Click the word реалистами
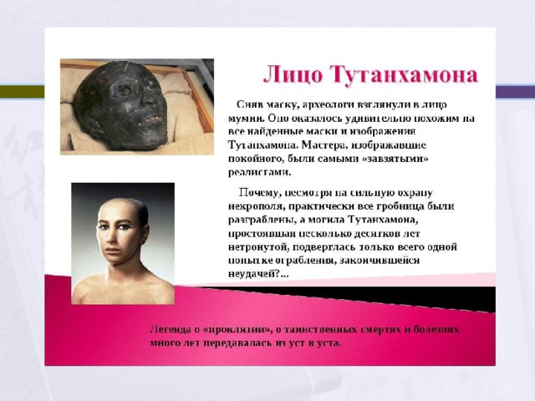point(260,173)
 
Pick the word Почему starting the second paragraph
point(259,193)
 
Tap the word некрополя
point(257,206)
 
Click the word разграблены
point(262,221)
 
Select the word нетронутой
point(257,247)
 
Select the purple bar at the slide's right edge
point(515,91)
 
